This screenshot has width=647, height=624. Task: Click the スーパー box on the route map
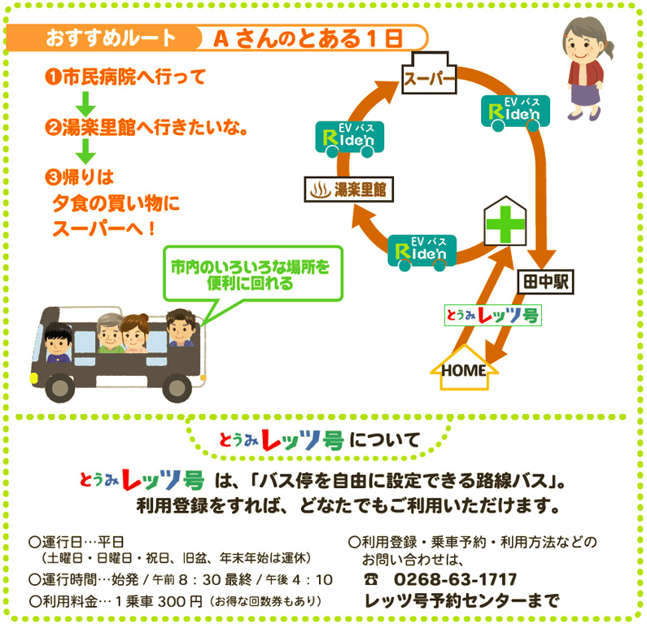(428, 79)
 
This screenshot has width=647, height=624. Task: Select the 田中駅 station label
(546, 281)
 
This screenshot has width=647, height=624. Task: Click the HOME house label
(464, 370)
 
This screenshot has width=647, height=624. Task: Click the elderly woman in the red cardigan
(584, 69)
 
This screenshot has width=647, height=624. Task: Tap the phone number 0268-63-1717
(456, 579)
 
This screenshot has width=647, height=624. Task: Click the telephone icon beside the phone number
(372, 580)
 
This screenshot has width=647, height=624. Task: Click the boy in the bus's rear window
(58, 343)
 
